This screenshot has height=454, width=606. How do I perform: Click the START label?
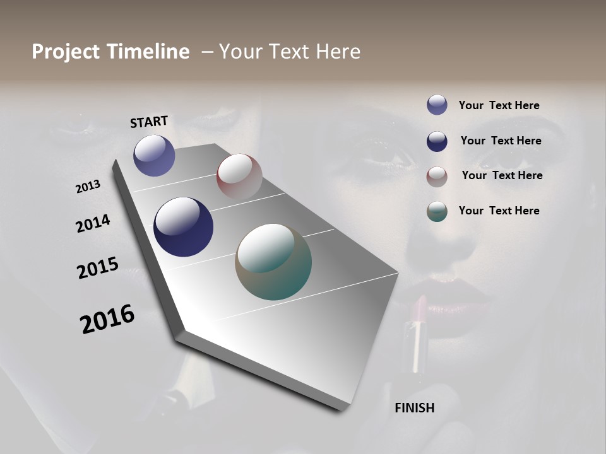click(149, 122)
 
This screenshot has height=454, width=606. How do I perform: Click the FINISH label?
click(415, 408)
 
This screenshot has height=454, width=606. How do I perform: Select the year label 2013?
click(88, 187)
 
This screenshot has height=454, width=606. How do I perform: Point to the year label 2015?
click(98, 268)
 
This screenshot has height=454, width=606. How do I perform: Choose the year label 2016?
click(107, 319)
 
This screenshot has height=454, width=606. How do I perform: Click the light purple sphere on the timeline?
click(154, 155)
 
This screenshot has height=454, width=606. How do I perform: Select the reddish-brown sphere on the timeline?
click(239, 176)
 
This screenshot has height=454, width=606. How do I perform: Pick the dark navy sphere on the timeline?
click(183, 227)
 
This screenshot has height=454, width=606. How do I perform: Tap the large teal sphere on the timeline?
click(273, 262)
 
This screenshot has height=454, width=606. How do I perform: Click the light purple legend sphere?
click(437, 105)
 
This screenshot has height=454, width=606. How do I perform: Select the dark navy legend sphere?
click(437, 141)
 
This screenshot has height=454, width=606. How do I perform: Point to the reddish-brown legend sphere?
click(437, 176)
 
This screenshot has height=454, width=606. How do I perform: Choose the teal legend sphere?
click(437, 211)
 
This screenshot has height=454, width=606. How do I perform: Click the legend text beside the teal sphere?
click(499, 211)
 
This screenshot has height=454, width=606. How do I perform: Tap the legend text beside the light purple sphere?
click(499, 105)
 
